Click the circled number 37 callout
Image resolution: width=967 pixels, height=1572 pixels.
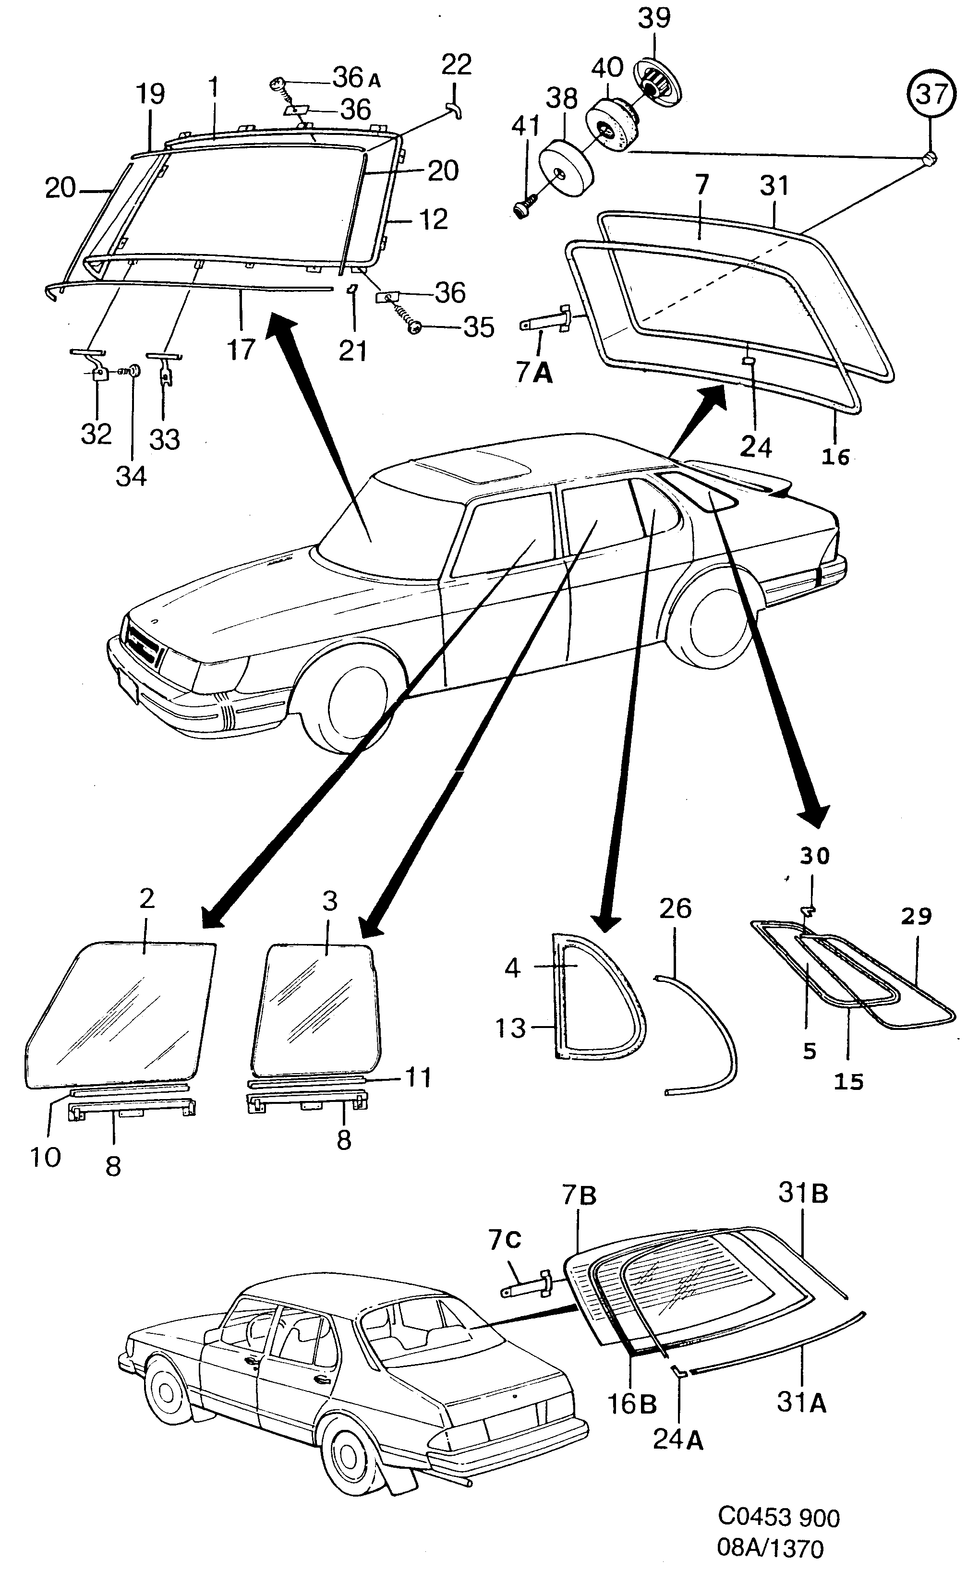931,94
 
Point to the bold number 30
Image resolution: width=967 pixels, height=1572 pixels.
814,855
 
